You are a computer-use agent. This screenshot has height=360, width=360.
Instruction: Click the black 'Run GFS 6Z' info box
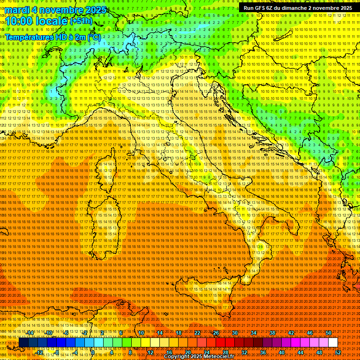tap(298, 8)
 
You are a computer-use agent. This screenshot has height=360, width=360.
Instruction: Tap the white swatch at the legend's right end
tap(333, 343)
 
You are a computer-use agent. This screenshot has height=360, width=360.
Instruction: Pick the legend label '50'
tap(329, 333)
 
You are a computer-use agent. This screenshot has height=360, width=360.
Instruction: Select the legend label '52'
tap(338, 352)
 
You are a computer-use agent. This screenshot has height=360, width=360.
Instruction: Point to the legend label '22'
tap(197, 333)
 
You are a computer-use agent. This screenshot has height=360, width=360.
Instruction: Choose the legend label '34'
tap(254, 333)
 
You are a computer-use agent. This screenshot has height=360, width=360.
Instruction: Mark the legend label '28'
tap(225, 352)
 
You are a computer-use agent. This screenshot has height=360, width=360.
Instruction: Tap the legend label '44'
tap(300, 352)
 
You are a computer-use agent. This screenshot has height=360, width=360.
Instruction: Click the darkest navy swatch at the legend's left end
tap(23, 343)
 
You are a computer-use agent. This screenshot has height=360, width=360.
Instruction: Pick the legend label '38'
tap(272, 333)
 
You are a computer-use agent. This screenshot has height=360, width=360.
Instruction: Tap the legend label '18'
tap(179, 333)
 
